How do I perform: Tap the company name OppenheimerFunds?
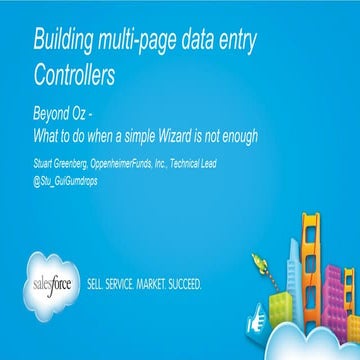(x=142, y=161)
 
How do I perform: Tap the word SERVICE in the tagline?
(x=131, y=283)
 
